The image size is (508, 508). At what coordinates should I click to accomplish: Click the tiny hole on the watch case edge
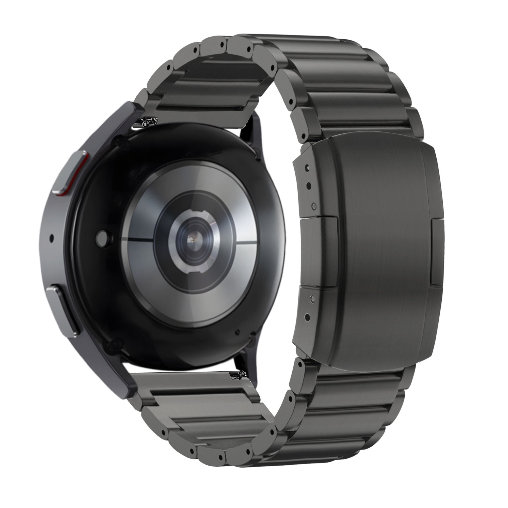coord(52,238)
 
